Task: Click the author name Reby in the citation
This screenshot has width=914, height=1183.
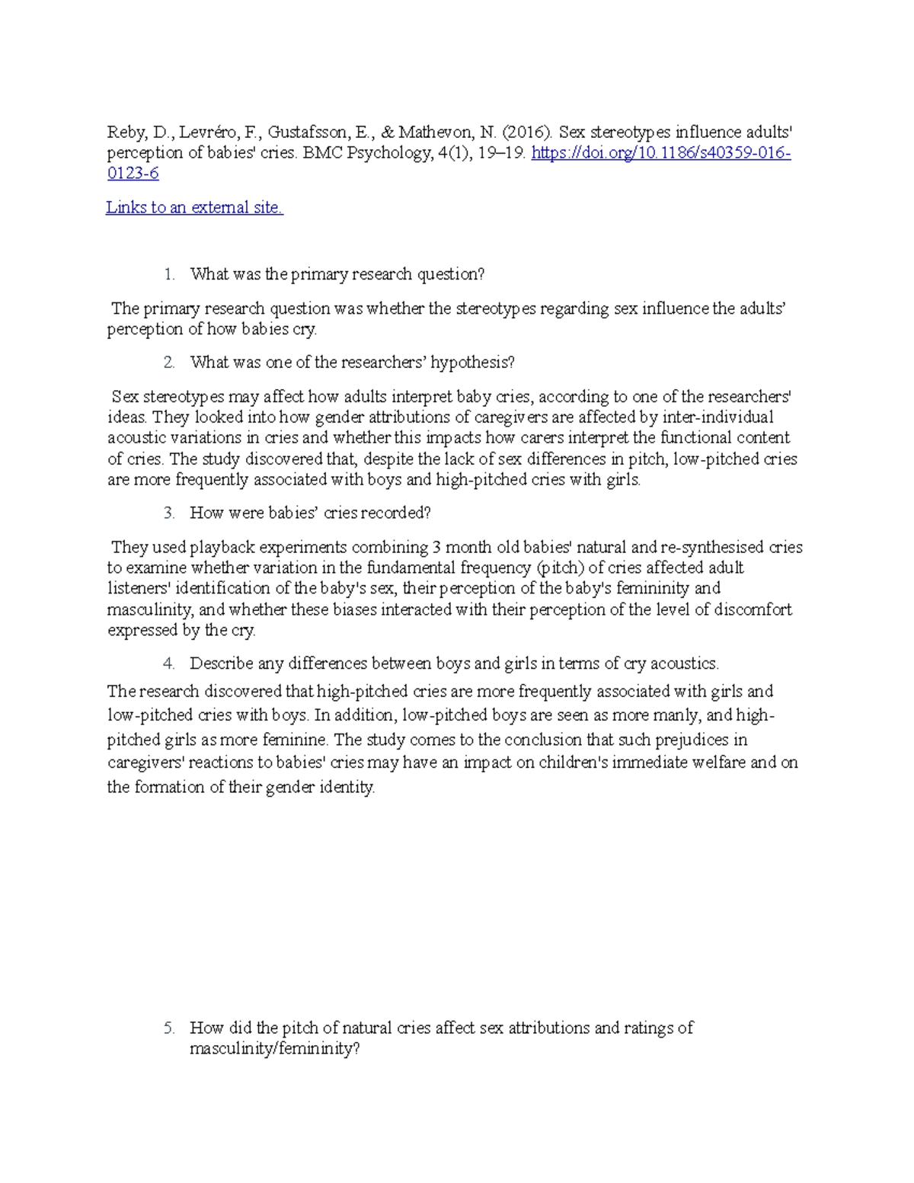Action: coord(123,133)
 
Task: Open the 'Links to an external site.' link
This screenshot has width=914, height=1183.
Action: coord(194,207)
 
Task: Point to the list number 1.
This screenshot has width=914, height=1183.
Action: coord(168,274)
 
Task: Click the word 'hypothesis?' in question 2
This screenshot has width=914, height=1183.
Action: coord(472,363)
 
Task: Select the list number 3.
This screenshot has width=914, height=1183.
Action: coord(168,513)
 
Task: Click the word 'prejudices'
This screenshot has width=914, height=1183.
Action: coord(695,740)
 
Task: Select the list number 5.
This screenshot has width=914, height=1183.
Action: coord(168,1028)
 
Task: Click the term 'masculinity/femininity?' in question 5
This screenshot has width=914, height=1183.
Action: coord(275,1049)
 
